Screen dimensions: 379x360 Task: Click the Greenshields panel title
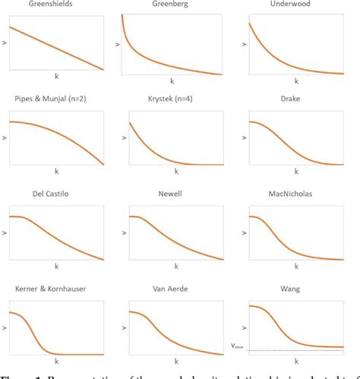coord(55,5)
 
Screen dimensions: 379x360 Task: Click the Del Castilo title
coord(55,194)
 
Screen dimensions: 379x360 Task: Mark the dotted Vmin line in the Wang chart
coord(296,350)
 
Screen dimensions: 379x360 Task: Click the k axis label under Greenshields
coord(55,77)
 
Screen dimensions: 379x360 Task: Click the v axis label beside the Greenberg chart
coord(117,45)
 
